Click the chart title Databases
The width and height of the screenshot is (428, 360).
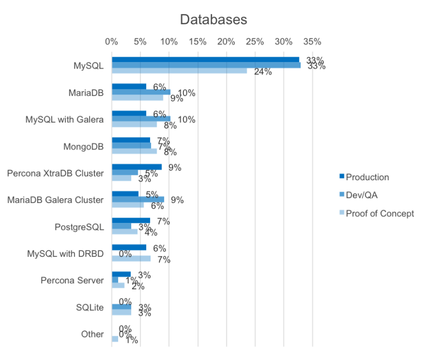point(213,19)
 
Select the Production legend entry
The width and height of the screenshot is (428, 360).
point(367,177)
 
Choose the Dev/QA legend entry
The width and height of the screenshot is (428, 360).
point(363,195)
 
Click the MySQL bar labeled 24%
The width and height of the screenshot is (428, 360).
point(180,71)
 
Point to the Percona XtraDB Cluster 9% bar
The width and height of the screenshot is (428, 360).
point(137,167)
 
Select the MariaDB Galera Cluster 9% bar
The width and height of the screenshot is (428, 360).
point(139,200)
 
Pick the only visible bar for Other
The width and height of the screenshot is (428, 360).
point(115,339)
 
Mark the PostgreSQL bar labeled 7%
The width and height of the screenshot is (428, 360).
point(131,220)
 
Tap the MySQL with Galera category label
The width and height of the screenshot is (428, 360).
point(65,119)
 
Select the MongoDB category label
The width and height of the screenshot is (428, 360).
point(84,146)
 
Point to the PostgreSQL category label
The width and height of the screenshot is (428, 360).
point(80,227)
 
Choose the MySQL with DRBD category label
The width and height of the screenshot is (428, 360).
point(65,253)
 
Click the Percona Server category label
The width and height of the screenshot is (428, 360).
point(72,280)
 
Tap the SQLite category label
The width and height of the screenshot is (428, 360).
point(91,307)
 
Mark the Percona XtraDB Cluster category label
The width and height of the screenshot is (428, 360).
point(55,173)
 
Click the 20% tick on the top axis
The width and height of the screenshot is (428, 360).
point(226,41)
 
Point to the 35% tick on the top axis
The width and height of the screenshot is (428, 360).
point(312,41)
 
